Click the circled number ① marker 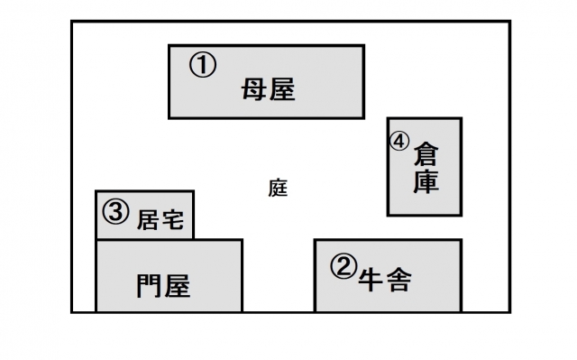[203, 65]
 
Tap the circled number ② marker [343, 266]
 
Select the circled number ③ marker [115, 212]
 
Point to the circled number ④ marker [399, 142]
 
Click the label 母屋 [269, 89]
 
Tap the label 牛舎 [385, 280]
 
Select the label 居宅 [160, 220]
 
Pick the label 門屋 [163, 286]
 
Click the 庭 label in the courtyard [278, 188]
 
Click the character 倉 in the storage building [426, 154]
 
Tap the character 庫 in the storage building [426, 181]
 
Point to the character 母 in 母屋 [254, 89]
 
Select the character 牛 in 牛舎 [371, 280]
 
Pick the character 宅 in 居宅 [172, 220]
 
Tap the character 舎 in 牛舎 [398, 280]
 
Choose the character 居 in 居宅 [148, 220]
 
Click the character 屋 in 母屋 [282, 89]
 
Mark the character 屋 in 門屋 [178, 286]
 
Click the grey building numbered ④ [425, 167]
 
